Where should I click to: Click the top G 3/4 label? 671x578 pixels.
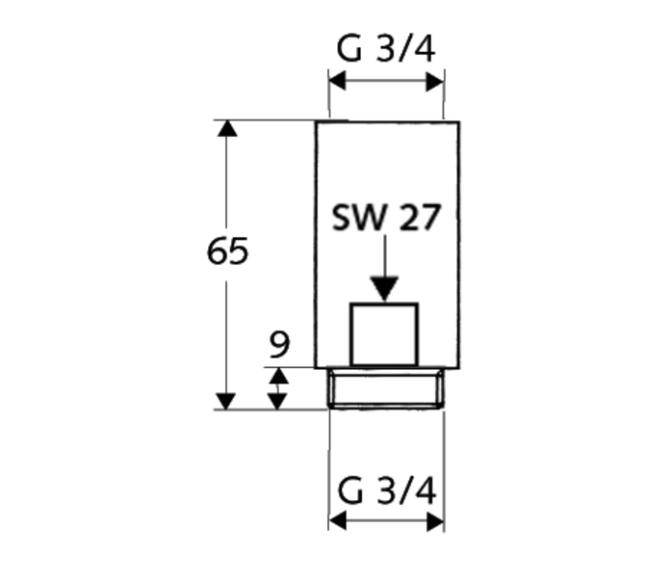click(x=386, y=49)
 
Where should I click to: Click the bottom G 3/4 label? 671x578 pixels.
click(x=387, y=490)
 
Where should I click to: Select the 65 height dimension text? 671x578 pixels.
click(x=227, y=250)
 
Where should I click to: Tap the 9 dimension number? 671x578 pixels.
click(x=279, y=344)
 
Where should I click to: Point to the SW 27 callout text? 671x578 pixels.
click(x=386, y=217)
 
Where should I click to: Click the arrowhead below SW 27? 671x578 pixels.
click(x=384, y=289)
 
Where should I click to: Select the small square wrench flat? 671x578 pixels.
click(x=384, y=334)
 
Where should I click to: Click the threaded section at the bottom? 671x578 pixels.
click(x=386, y=388)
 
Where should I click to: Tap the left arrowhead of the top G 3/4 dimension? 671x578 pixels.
click(x=337, y=81)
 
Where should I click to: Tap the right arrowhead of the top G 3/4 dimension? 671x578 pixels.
click(x=435, y=81)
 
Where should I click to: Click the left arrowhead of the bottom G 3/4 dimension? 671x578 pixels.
click(x=338, y=521)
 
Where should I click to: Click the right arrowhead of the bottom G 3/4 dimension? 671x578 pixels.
click(x=436, y=522)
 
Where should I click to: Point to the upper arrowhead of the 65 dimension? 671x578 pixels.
click(x=227, y=128)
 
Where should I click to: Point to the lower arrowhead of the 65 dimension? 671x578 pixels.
click(x=226, y=401)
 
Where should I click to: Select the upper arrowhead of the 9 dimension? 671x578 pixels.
click(x=278, y=376)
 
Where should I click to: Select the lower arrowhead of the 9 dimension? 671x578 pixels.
click(x=277, y=402)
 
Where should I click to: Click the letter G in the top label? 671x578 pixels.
click(x=349, y=49)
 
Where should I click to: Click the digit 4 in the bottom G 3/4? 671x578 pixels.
click(x=424, y=490)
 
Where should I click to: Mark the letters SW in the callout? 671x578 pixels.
click(x=359, y=218)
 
